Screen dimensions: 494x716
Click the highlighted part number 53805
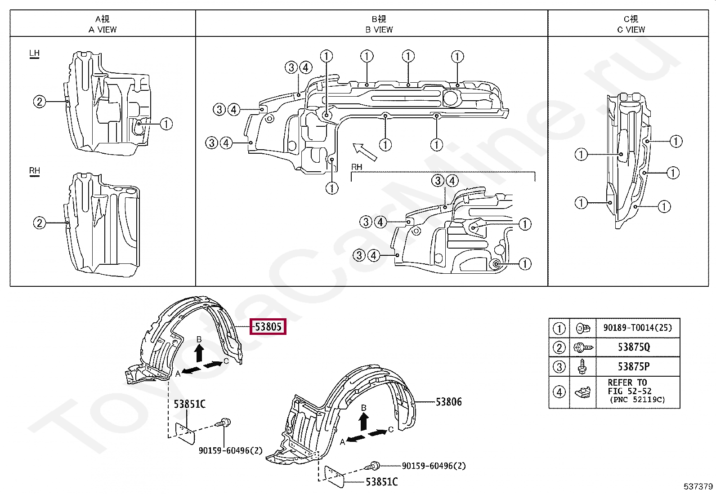tap(268, 327)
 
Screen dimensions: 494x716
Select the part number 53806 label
tap(448, 402)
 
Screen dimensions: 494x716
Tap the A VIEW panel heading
tap(103, 24)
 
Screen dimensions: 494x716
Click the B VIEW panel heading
tap(379, 24)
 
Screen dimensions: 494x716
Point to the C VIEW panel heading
tap(631, 24)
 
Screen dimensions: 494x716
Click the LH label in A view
tap(34, 53)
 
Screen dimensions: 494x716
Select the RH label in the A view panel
tap(34, 171)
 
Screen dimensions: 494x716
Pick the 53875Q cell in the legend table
tap(634, 347)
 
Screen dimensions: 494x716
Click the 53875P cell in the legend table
tap(634, 366)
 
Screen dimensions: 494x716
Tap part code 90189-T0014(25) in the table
tap(637, 328)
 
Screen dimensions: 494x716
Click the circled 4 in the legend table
tap(559, 392)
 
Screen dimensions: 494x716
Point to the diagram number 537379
tap(698, 486)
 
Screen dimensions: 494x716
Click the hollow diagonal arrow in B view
tap(364, 152)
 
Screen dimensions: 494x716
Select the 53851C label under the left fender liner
tap(189, 404)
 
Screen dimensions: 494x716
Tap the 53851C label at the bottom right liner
tap(381, 482)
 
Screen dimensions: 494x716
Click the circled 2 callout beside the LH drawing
tap(40, 102)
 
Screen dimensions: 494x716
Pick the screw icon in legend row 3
tap(582, 366)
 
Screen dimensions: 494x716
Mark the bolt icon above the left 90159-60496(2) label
tap(224, 423)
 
